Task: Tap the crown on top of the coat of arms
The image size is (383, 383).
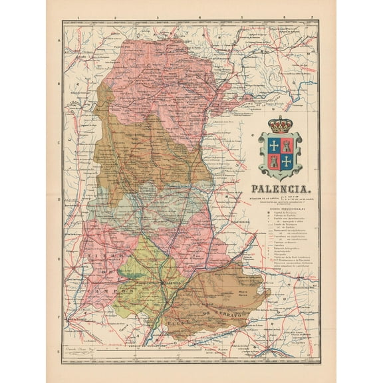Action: (280, 124)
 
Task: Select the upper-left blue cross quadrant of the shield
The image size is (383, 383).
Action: (273, 144)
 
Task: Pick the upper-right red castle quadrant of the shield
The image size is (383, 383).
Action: (287, 144)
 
